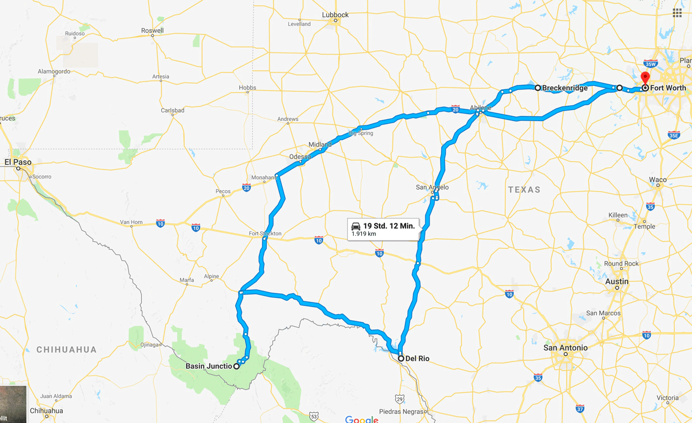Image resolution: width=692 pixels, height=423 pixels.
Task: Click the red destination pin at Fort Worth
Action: coord(645,78)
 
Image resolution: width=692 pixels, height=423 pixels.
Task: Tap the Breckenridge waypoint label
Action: coord(565,88)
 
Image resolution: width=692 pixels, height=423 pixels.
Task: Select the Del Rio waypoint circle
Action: coord(401,359)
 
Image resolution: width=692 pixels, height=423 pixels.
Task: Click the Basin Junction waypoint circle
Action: coord(237,366)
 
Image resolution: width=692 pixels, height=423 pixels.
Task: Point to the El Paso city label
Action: coord(18,162)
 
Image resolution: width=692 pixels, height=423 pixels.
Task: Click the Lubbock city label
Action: coord(335,15)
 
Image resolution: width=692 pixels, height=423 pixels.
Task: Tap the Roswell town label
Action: coord(152,31)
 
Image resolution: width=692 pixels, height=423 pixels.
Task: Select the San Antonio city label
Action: coord(565,348)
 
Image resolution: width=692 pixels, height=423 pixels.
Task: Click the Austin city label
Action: coord(617,281)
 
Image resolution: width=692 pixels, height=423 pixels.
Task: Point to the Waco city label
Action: coord(658,180)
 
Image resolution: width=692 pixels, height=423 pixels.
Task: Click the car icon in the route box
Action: coord(356,226)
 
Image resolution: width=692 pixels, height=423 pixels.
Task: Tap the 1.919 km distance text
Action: coord(364,234)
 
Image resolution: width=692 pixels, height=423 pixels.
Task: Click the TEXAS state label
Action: coord(524,189)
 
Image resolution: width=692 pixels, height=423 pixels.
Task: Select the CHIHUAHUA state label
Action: coord(67,349)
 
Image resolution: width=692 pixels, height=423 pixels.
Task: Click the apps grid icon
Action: coord(677,13)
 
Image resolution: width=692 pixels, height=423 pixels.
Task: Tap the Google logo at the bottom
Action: coord(362,419)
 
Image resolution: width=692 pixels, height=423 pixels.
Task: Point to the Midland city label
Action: coord(319,144)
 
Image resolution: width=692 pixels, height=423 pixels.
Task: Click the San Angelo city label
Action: coord(432,187)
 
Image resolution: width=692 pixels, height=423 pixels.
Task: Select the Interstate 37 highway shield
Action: coord(580,409)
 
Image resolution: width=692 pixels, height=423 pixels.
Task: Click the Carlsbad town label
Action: coord(173,110)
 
